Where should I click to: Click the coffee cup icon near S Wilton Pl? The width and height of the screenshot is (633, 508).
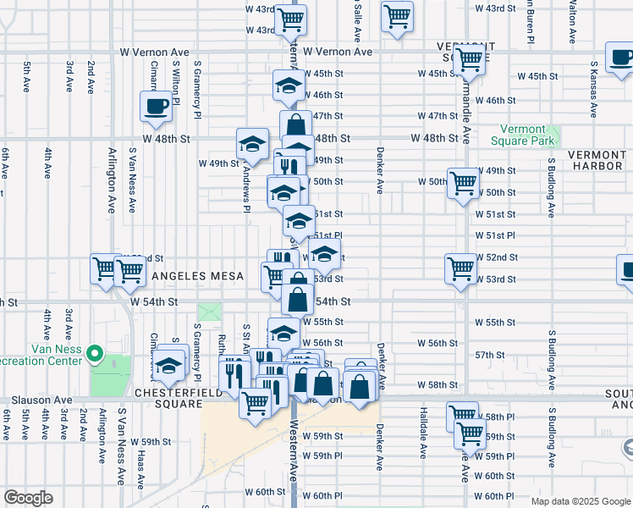click(155, 106)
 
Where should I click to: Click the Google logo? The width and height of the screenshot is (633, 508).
click(28, 498)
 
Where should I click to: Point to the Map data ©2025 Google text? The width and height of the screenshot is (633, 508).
click(581, 501)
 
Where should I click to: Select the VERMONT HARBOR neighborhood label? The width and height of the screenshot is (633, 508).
click(598, 160)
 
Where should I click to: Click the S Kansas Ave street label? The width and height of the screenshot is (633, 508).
click(595, 89)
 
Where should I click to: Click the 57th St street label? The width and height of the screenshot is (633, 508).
click(489, 355)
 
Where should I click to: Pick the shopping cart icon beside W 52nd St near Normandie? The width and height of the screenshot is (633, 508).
click(460, 268)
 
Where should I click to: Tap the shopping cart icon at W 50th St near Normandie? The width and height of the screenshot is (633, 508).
click(462, 183)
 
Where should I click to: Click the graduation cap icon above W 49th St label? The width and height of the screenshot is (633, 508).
click(251, 143)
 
